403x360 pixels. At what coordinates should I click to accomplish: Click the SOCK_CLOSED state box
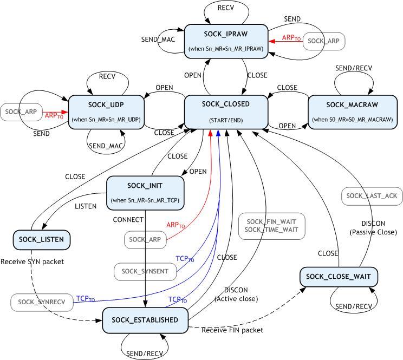226,112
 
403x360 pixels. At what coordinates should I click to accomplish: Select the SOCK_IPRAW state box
226,41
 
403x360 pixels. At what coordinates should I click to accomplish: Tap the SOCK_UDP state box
106,112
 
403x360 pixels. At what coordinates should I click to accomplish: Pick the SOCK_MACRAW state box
352,112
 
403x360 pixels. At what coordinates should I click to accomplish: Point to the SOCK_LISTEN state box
42,239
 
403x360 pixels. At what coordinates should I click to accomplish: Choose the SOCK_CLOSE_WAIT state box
338,277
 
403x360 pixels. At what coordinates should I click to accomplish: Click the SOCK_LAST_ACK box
368,195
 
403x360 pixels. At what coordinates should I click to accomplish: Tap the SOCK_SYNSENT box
145,271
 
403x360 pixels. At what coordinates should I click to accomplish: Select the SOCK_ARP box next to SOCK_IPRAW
323,41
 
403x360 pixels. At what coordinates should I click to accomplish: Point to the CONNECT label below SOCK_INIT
128,220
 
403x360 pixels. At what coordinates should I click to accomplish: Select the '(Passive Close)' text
374,232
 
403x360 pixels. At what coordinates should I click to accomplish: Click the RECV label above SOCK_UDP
107,76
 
